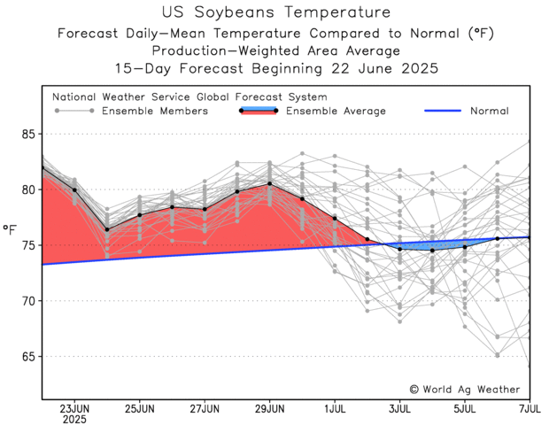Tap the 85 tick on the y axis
pos(27,134)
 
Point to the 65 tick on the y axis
pos(27,356)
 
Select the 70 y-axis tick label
pos(27,301)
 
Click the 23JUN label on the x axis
pos(74,409)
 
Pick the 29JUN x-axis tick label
pos(269,409)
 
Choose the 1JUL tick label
pos(335,409)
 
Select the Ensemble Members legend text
pos(155,111)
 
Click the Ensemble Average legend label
pos(336,111)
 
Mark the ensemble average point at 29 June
pos(269,183)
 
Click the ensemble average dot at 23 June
pos(74,189)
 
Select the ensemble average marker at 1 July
pos(335,218)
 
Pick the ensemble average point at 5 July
pos(465,246)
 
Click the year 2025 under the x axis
pos(74,420)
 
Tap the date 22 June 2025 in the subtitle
pos(387,68)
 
